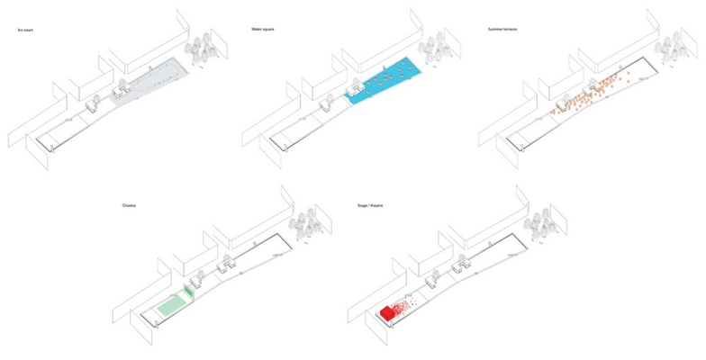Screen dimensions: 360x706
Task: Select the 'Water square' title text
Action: coord(263,30)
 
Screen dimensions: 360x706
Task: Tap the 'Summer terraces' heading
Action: coord(502,30)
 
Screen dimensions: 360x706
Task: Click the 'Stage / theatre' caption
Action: coord(371,206)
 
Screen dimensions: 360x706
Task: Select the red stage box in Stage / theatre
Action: coord(388,313)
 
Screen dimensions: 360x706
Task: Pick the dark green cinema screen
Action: coord(190,290)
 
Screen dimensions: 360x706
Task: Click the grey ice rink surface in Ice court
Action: coord(153,83)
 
